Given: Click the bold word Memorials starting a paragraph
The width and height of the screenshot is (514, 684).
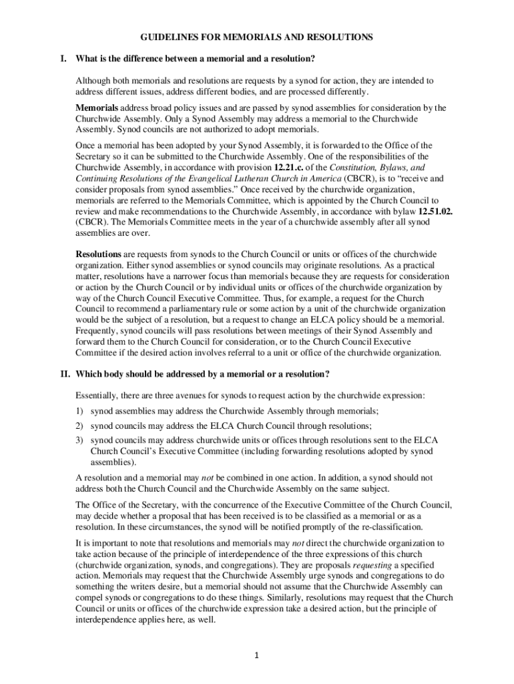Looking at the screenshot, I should [x=97, y=108].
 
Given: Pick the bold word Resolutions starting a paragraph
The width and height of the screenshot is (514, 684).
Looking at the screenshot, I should [x=98, y=255].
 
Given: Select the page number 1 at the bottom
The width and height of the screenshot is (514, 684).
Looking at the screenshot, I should [x=257, y=655].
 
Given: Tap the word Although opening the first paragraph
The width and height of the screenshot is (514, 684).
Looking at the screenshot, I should [x=95, y=81].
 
